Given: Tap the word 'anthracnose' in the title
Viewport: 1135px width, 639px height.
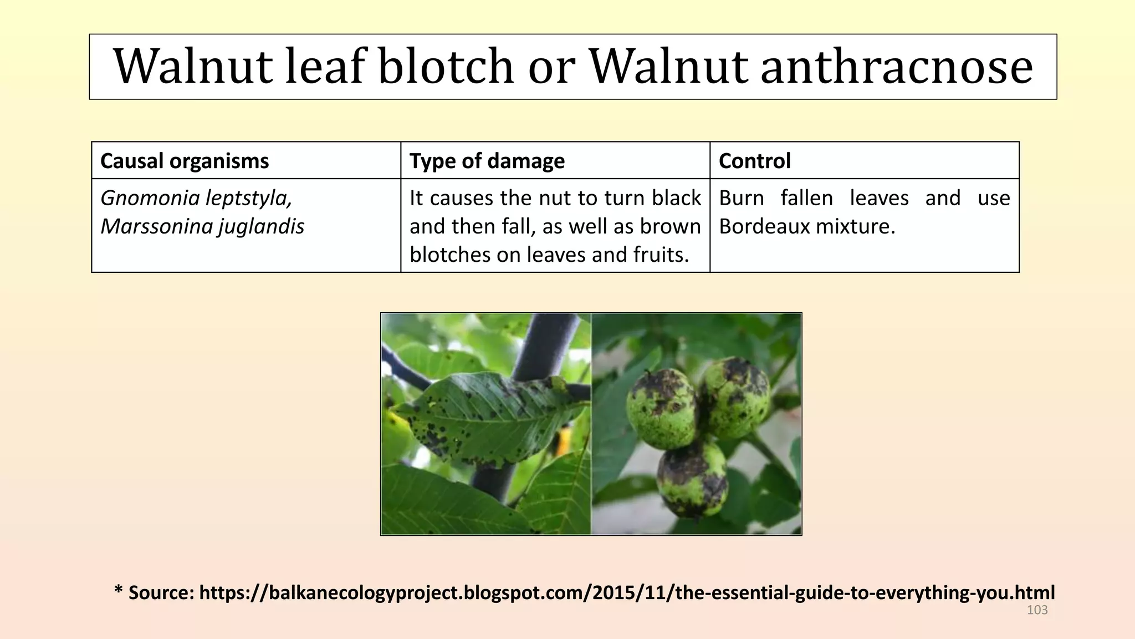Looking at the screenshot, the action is coord(897,66).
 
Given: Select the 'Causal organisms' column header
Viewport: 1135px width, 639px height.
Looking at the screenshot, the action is coord(185,161).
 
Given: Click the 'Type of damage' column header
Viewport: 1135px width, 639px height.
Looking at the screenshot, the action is coord(487,161).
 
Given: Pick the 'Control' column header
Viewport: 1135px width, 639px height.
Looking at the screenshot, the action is coord(755,161).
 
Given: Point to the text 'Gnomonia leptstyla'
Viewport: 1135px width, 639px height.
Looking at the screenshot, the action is coord(196,199).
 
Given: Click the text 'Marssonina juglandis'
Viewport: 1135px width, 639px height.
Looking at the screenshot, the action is coord(202,227).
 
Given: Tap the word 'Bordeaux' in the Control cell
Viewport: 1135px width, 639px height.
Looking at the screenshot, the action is coord(763,226).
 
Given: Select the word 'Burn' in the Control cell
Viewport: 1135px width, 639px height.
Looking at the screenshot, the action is coord(742,198).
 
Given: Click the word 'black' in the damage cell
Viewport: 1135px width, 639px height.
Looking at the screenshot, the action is coord(677,198).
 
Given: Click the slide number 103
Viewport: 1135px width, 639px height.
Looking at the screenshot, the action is coord(1037,610).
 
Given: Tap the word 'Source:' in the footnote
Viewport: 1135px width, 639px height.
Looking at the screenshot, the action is coord(161,592).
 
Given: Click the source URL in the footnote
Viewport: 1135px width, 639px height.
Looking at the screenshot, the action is coord(627,592).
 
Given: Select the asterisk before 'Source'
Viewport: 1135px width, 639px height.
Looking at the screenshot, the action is coord(118,589).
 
